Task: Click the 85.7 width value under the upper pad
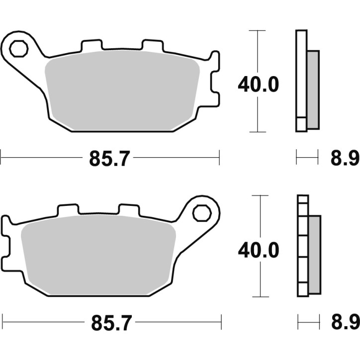tap(110, 159)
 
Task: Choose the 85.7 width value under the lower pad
tap(110, 324)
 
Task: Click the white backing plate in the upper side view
tap(301, 75)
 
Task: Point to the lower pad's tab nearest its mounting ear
tap(129, 210)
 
